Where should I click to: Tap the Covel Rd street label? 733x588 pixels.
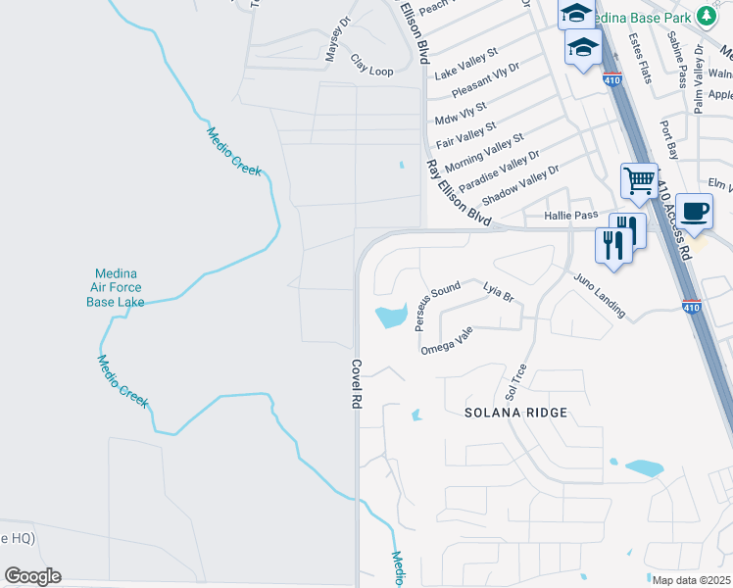click(x=357, y=383)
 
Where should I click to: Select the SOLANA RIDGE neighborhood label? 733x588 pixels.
click(x=516, y=413)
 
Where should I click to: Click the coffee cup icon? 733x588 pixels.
click(x=694, y=210)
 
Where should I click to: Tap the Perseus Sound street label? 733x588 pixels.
click(x=437, y=305)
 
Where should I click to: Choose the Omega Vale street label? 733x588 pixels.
click(x=447, y=341)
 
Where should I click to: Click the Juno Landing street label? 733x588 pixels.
click(x=600, y=294)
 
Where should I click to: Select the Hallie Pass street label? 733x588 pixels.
click(x=570, y=216)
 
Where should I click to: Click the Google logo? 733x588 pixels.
click(x=32, y=576)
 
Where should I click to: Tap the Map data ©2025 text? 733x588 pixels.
click(x=690, y=580)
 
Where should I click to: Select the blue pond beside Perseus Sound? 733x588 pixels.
click(x=391, y=316)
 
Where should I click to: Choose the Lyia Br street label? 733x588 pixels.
click(x=499, y=291)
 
